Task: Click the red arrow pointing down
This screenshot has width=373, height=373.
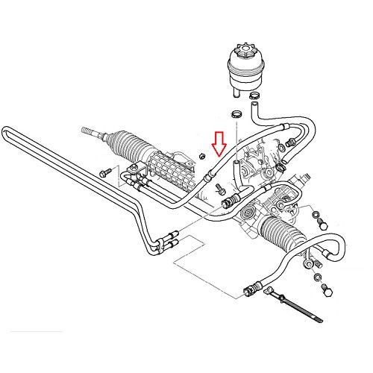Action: pos(218,142)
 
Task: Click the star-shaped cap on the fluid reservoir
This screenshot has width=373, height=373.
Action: pos(244,52)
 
